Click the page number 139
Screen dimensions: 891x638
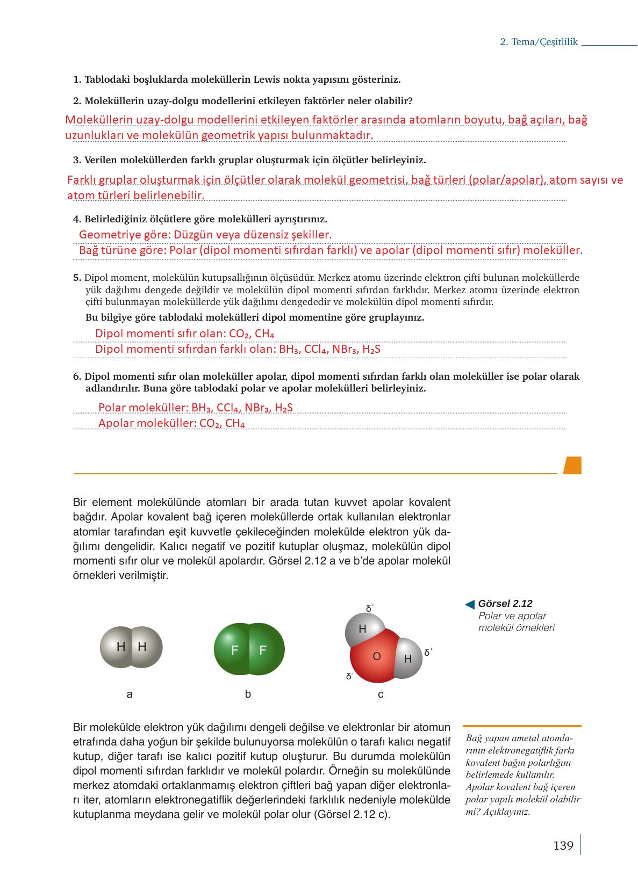(563, 845)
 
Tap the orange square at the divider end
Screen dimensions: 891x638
(572, 465)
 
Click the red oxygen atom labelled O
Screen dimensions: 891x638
(376, 656)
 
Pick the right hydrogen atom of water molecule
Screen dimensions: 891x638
(408, 658)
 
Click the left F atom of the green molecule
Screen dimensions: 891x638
(234, 650)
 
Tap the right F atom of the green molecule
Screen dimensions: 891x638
(263, 650)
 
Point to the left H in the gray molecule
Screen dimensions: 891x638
(120, 647)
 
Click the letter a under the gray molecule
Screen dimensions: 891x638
(130, 694)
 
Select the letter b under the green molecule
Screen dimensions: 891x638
(248, 694)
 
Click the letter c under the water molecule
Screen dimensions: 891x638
(381, 694)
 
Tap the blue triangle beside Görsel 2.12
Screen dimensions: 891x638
(470, 605)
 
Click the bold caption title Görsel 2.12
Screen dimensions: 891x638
(505, 604)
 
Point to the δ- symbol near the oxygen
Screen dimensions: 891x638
(349, 676)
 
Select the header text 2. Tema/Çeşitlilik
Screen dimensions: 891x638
(539, 42)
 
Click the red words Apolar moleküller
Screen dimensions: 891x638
(142, 423)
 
